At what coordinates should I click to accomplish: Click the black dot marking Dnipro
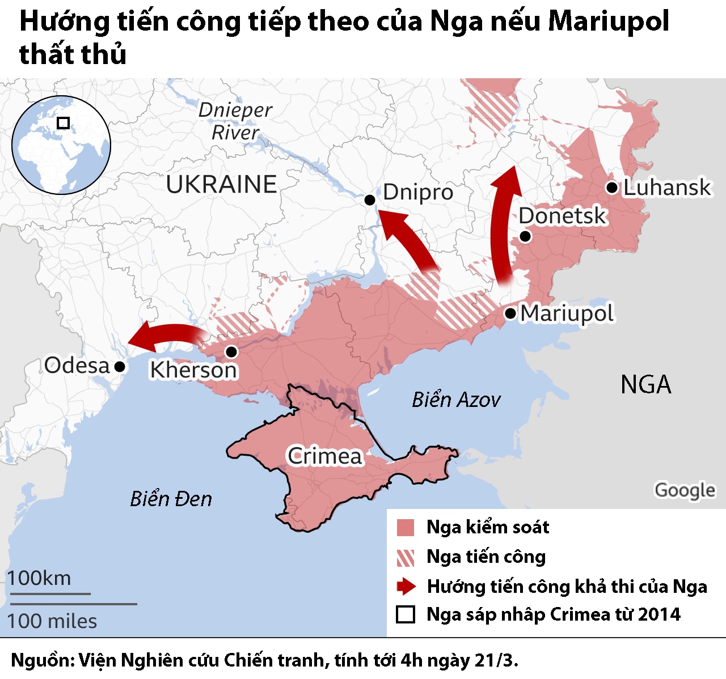369,200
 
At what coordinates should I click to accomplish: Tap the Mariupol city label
567,313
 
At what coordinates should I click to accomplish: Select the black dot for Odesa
120,367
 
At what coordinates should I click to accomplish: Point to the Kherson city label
193,370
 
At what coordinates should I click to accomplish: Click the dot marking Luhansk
611,188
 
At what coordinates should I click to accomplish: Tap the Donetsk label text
562,216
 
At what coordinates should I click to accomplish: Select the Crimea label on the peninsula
324,456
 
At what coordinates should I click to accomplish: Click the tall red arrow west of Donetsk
503,227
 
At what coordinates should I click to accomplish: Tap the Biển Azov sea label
456,400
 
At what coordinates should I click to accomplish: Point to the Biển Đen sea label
171,499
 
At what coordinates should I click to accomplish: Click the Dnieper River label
235,121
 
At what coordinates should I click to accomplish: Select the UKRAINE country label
221,184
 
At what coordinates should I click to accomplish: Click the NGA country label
645,385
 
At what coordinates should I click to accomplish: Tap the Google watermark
685,490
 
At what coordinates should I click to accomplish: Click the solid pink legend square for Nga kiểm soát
406,528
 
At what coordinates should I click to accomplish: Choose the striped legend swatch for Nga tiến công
406,558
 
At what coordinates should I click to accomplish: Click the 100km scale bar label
39,578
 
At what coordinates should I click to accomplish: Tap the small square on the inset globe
64,123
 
